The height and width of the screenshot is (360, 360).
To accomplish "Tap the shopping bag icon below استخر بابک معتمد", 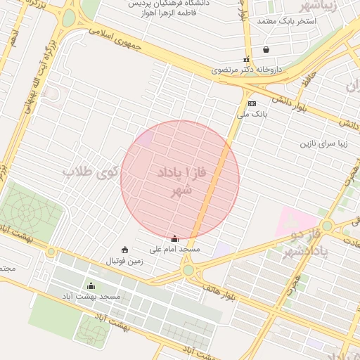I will [x=266, y=50].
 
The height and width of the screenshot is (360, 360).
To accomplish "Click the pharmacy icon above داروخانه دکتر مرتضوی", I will [x=246, y=60].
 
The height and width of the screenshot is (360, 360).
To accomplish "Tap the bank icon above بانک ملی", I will [x=252, y=103].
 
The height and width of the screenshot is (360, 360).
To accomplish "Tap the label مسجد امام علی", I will [x=175, y=249].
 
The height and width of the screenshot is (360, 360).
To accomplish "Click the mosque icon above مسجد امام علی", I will [x=174, y=239].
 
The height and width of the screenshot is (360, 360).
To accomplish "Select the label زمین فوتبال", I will [x=124, y=260].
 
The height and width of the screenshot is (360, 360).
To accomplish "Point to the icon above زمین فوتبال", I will [x=124, y=250].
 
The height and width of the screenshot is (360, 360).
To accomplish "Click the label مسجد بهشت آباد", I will [x=91, y=296].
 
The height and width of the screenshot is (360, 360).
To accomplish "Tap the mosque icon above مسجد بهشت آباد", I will [x=91, y=285].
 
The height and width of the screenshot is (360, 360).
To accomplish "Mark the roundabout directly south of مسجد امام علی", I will [x=188, y=270].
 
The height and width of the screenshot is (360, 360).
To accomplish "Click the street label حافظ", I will [x=304, y=82].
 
